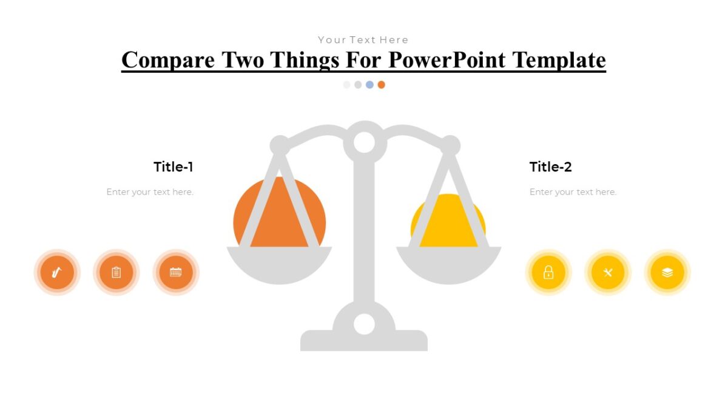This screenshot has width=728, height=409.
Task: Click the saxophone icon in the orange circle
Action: pyautogui.click(x=56, y=273)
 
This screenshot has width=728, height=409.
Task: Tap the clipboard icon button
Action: pyautogui.click(x=116, y=273)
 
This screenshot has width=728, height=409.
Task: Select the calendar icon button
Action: pyautogui.click(x=175, y=273)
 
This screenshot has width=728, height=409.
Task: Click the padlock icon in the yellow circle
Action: pyautogui.click(x=548, y=273)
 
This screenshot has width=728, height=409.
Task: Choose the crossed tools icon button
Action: pyautogui.click(x=608, y=273)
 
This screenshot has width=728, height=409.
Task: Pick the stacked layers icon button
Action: pyautogui.click(x=667, y=273)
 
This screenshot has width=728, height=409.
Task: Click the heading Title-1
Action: pyautogui.click(x=174, y=167)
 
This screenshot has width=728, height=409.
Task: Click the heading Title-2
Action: pyautogui.click(x=550, y=167)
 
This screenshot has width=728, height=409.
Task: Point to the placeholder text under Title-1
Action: pyautogui.click(x=150, y=192)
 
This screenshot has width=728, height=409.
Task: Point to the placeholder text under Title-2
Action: pyautogui.click(x=573, y=192)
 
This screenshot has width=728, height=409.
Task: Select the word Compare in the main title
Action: pyautogui.click(x=167, y=60)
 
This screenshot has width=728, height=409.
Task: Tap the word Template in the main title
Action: pyautogui.click(x=559, y=60)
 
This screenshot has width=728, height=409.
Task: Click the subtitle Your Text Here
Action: pyautogui.click(x=363, y=40)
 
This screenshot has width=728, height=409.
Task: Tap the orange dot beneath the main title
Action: pyautogui.click(x=381, y=85)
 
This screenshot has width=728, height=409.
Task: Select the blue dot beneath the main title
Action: pyautogui.click(x=369, y=85)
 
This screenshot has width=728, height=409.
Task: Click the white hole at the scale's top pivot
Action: pyautogui.click(x=364, y=142)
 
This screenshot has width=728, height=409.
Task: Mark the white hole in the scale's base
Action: pyautogui.click(x=364, y=324)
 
